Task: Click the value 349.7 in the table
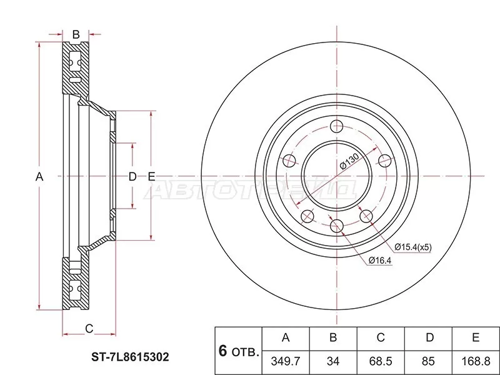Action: pyautogui.click(x=286, y=361)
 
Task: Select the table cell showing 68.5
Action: pyautogui.click(x=380, y=361)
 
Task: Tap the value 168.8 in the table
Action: pyautogui.click(x=475, y=361)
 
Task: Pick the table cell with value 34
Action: pyautogui.click(x=333, y=361)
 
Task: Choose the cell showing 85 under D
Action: pyautogui.click(x=429, y=361)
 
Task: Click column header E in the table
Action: pyautogui.click(x=475, y=337)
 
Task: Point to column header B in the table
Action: pyautogui.click(x=333, y=337)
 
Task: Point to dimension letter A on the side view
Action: pyautogui.click(x=39, y=177)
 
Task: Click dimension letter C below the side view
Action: pyautogui.click(x=89, y=327)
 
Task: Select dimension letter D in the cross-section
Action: pyautogui.click(x=132, y=177)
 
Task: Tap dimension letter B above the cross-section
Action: pyautogui.click(x=76, y=34)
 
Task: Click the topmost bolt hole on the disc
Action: pyautogui.click(x=336, y=125)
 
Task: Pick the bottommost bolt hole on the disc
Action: pyautogui.click(x=336, y=226)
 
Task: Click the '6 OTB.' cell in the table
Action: pyautogui.click(x=237, y=350)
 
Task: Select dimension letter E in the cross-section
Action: pyautogui.click(x=151, y=177)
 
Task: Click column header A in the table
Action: pyautogui.click(x=286, y=337)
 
